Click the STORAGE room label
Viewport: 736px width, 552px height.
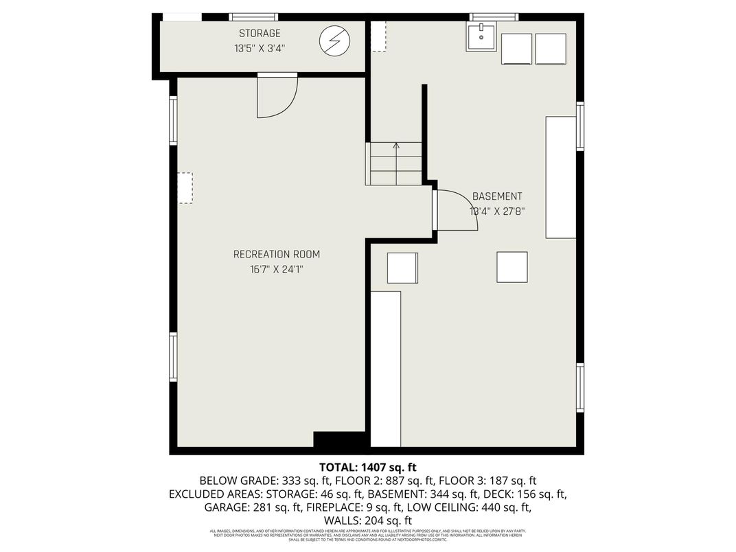pyautogui.click(x=260, y=34)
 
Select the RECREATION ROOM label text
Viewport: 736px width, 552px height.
pyautogui.click(x=276, y=255)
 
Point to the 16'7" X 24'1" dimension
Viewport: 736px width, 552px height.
pyautogui.click(x=276, y=270)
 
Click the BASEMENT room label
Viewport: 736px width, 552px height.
pyautogui.click(x=497, y=196)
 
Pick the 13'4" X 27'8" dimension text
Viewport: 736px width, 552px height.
pyautogui.click(x=497, y=211)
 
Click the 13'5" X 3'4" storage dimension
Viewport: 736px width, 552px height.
pyautogui.click(x=259, y=49)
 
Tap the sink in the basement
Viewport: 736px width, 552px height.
pyautogui.click(x=482, y=37)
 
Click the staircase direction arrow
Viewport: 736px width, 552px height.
pyautogui.click(x=395, y=146)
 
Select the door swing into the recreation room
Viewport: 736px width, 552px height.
pyautogui.click(x=276, y=97)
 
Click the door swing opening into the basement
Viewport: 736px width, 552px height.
pyautogui.click(x=455, y=210)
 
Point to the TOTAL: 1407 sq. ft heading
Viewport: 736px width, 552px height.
pyautogui.click(x=367, y=467)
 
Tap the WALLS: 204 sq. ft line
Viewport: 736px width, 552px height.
pyautogui.click(x=367, y=521)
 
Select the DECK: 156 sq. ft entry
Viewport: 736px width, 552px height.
pyautogui.click(x=525, y=494)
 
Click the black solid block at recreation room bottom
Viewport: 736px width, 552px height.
pyautogui.click(x=339, y=439)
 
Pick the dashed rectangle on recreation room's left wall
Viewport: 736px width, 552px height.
pyautogui.click(x=185, y=187)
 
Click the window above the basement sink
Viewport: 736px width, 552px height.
pyautogui.click(x=493, y=17)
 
